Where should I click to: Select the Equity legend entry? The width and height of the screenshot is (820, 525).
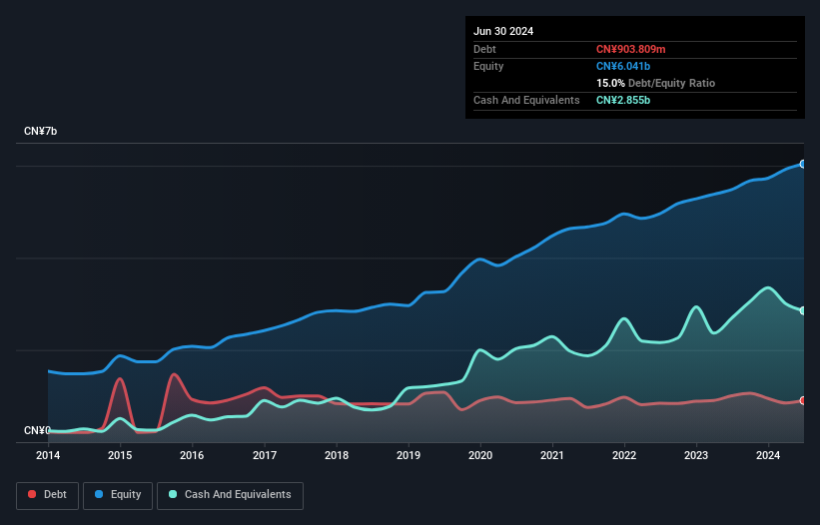(x=118, y=494)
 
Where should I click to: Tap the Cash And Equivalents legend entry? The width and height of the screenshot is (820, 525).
(x=229, y=494)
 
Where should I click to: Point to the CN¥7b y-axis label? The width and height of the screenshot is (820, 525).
(x=41, y=132)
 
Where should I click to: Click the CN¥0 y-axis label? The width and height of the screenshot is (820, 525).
(x=37, y=430)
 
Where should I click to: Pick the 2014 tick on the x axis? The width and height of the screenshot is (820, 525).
(x=48, y=455)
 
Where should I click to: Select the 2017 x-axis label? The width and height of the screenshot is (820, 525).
(x=265, y=455)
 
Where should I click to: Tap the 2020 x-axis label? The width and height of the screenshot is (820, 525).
(x=480, y=455)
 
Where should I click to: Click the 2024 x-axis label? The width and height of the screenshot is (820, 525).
(x=768, y=455)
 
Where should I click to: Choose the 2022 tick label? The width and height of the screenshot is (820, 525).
(x=624, y=455)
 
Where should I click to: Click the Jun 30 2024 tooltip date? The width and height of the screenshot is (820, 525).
(x=503, y=31)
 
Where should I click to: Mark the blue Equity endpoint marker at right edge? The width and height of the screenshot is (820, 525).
(x=803, y=164)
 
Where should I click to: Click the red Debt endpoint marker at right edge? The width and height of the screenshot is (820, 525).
(x=803, y=400)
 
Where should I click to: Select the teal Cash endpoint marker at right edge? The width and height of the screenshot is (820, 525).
(x=803, y=310)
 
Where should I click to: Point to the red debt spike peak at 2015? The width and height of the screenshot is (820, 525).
(x=120, y=378)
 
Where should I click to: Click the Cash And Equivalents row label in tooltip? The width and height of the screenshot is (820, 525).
(x=526, y=100)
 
